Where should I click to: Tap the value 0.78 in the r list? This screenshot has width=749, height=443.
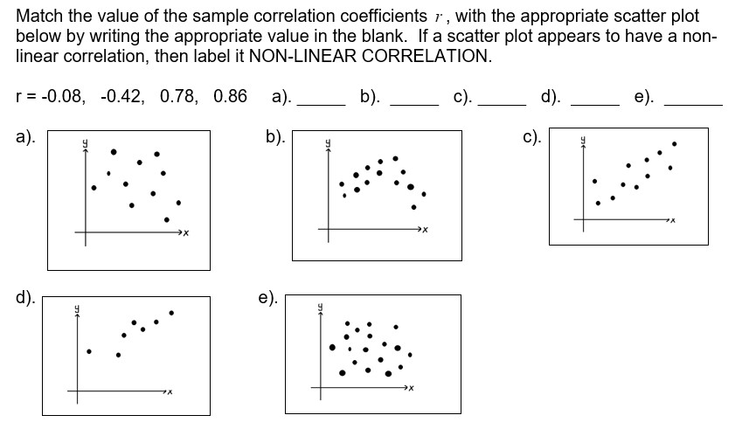tap(177, 96)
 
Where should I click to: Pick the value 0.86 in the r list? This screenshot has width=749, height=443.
tap(229, 96)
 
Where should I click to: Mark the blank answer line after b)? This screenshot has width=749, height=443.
tap(413, 103)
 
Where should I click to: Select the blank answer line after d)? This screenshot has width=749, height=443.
tap(594, 103)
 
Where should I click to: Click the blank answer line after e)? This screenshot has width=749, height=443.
tap(693, 103)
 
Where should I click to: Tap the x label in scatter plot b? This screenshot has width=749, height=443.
tap(425, 230)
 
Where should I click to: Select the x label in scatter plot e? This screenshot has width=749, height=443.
tap(410, 389)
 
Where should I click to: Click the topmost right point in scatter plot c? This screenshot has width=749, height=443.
tap(675, 143)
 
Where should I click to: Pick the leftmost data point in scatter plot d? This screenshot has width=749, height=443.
tap(88, 352)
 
